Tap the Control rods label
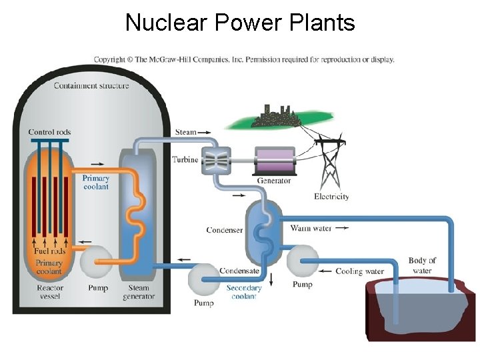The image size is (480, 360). tap(50, 132)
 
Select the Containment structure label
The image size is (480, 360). tap(91, 85)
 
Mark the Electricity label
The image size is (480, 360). tap(331, 197)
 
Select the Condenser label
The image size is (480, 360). tap(225, 231)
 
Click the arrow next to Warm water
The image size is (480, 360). tap(341, 228)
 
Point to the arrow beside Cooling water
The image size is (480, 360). tap(326, 271)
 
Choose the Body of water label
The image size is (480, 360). tap(422, 265)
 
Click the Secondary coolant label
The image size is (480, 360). tap(244, 293)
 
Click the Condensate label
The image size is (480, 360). tap(239, 271)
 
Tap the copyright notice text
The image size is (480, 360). tap(244, 59)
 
